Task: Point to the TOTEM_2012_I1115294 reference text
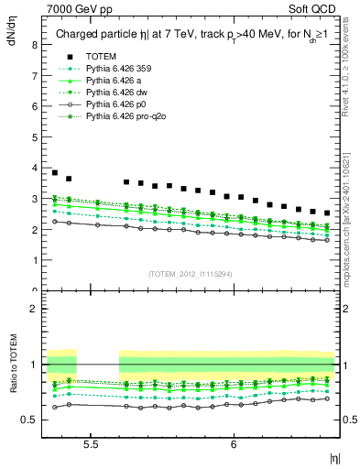point(192,274)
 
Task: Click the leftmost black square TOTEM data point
point(54,172)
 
